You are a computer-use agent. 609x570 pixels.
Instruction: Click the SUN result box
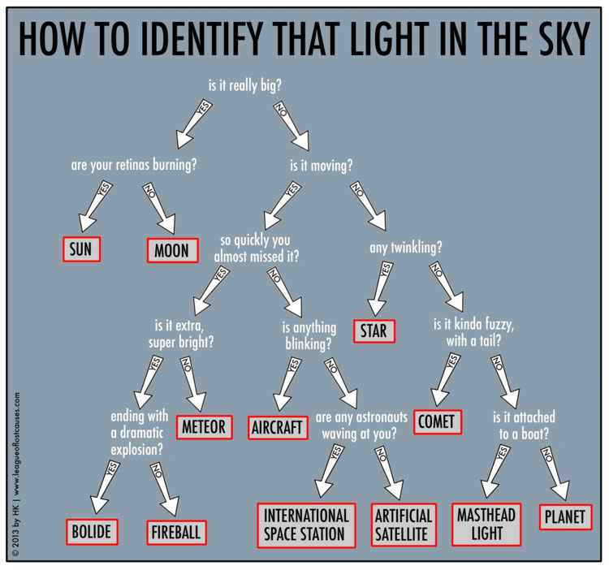(x=81, y=249)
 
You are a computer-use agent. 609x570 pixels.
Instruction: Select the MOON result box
(x=172, y=250)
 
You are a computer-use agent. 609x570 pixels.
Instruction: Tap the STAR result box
(x=374, y=330)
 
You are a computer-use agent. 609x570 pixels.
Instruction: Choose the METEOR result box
(x=205, y=427)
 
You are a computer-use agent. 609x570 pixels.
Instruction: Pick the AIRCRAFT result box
(x=278, y=428)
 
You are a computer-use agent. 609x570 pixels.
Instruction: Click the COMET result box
(x=438, y=421)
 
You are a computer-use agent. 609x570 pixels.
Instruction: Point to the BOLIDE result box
(x=92, y=532)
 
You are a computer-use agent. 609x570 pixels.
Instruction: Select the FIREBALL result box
(x=176, y=533)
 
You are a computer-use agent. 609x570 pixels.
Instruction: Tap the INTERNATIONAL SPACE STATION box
(x=306, y=525)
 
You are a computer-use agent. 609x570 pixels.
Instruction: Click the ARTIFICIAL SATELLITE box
(x=404, y=525)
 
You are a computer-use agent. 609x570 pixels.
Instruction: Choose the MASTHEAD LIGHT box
(x=486, y=525)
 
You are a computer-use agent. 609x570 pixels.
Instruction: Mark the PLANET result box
(x=565, y=516)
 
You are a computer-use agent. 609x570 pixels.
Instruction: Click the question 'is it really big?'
(x=244, y=85)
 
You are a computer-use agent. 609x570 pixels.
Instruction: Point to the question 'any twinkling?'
(x=405, y=248)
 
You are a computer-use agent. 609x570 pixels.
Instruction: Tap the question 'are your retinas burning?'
(x=134, y=165)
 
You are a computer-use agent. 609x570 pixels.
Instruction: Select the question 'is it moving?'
(x=322, y=166)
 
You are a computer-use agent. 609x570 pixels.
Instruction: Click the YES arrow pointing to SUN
(x=94, y=206)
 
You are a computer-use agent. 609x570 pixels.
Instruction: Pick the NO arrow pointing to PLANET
(x=555, y=473)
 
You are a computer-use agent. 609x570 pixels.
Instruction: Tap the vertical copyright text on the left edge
(x=16, y=473)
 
